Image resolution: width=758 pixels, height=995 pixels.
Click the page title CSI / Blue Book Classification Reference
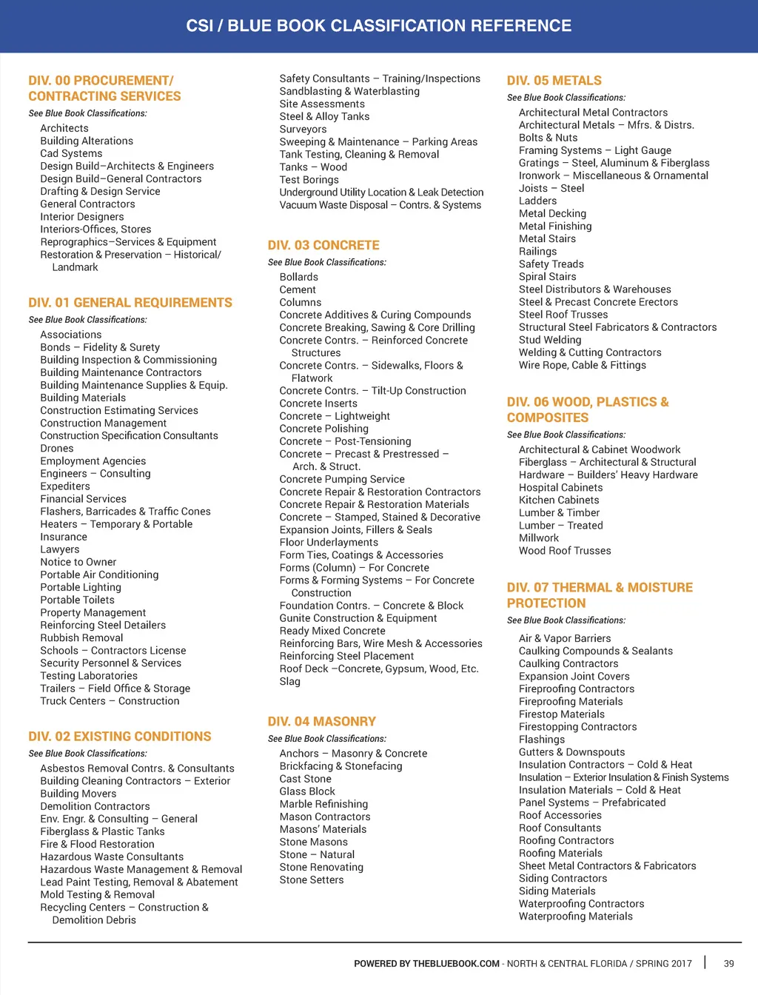(378, 26)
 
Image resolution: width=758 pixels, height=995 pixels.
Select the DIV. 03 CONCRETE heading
(323, 245)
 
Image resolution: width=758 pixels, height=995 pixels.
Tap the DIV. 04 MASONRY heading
(321, 721)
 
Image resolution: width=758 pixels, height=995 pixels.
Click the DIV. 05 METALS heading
(554, 81)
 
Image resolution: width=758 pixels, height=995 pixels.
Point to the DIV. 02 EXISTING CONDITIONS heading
(120, 737)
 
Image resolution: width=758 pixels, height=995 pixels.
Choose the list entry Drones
(57, 449)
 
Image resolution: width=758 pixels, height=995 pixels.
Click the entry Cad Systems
(71, 153)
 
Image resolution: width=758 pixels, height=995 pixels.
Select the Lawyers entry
(60, 549)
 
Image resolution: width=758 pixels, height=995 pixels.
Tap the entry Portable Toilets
(77, 600)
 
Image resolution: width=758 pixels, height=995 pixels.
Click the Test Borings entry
(309, 180)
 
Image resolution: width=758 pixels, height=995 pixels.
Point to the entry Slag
(289, 681)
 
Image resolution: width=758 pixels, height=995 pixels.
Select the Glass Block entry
(307, 791)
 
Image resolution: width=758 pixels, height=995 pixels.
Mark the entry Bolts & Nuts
(548, 138)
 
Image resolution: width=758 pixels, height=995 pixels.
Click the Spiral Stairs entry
(547, 277)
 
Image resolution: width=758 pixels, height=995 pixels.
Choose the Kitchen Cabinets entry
(559, 500)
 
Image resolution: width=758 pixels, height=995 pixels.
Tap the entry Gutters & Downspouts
(571, 752)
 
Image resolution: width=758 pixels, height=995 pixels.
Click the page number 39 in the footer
(729, 963)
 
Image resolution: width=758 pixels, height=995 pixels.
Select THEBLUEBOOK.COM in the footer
(456, 964)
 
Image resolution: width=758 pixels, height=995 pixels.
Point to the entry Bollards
(298, 277)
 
